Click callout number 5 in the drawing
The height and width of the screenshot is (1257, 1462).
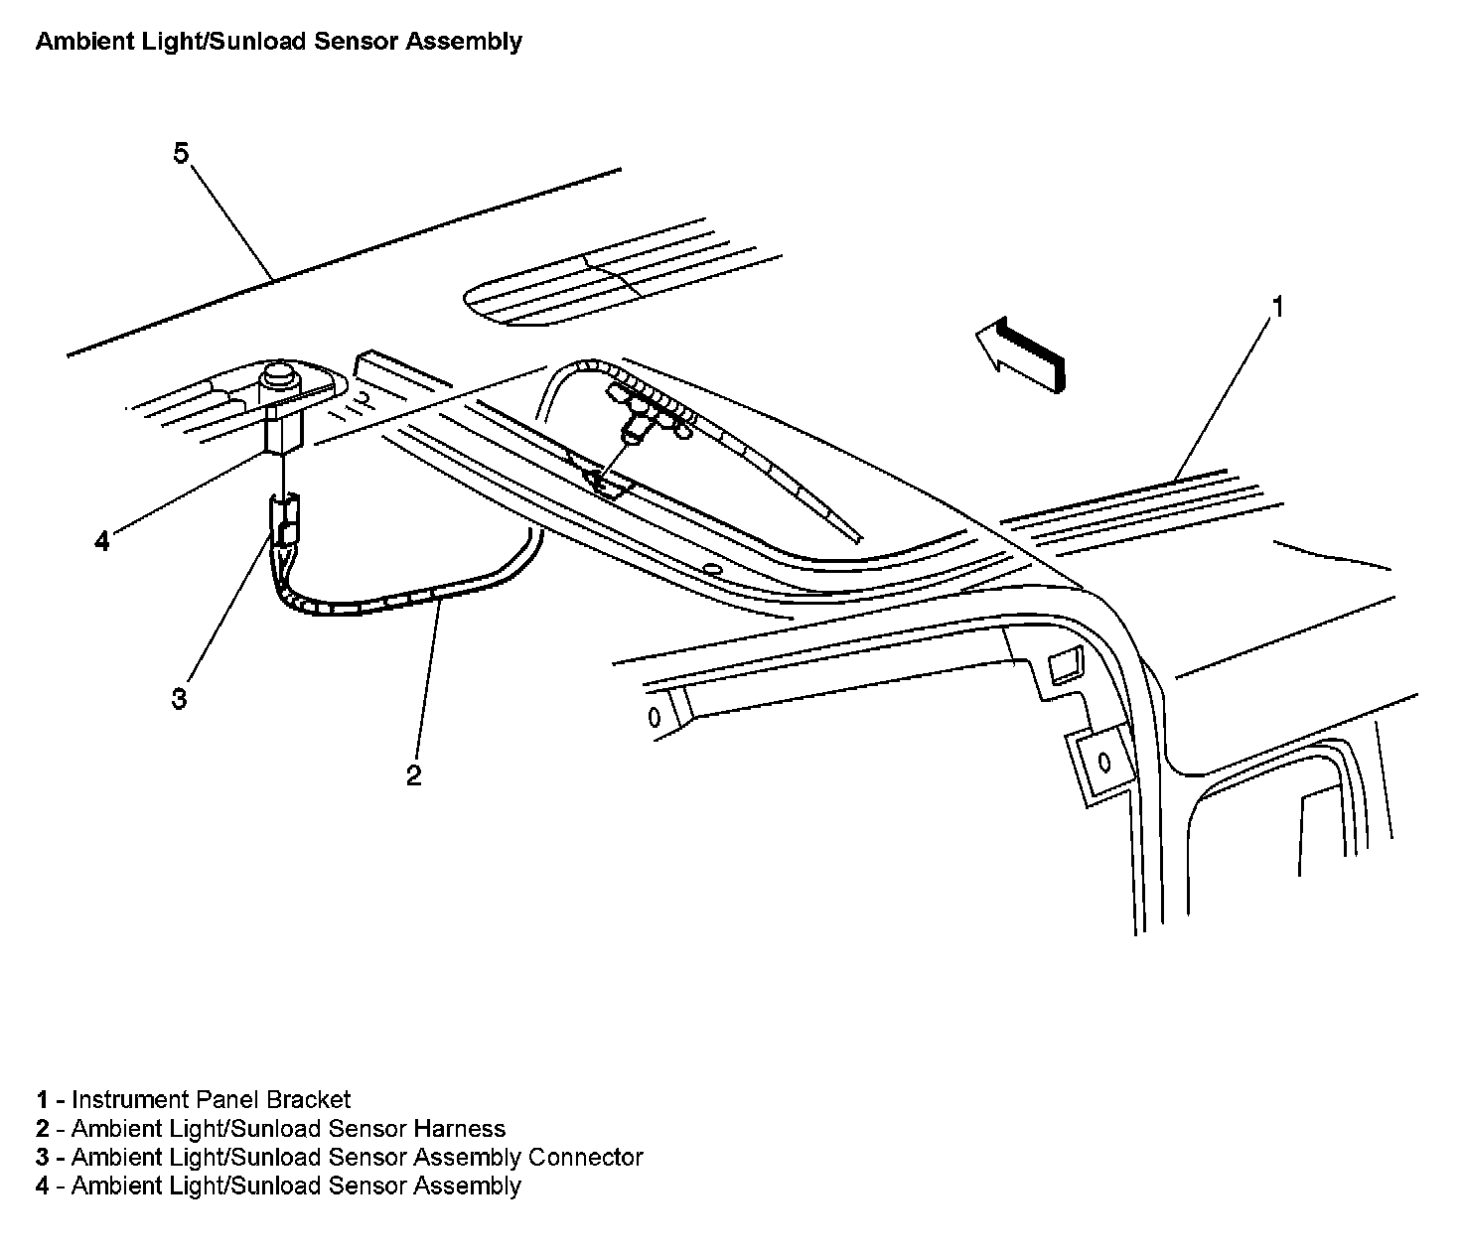[180, 154]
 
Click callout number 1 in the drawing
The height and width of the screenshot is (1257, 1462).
[1278, 308]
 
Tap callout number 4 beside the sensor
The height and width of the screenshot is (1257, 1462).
[101, 542]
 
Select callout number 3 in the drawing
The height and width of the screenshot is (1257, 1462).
[179, 699]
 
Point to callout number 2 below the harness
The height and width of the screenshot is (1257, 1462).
[413, 775]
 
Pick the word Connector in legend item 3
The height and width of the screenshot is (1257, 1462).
[585, 1158]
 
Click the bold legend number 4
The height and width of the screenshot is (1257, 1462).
[43, 1187]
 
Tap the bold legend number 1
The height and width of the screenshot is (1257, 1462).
[43, 1100]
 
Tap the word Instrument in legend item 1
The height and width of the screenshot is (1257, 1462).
[129, 1100]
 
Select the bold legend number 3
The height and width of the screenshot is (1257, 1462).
[43, 1158]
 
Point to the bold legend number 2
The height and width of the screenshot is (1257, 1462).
[43, 1129]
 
